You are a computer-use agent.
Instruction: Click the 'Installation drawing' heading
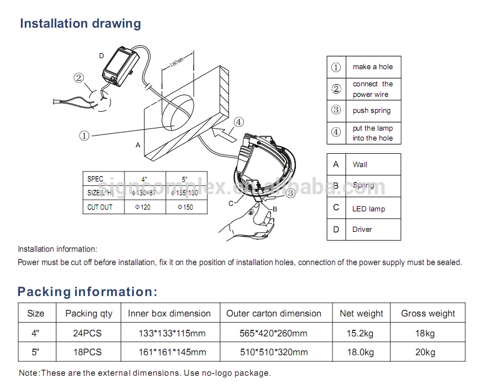pyautogui.click(x=80, y=24)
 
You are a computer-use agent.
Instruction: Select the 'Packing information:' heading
pyautogui.click(x=87, y=292)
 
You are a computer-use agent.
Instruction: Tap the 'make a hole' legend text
pyautogui.click(x=373, y=67)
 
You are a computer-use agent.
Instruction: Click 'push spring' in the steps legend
pyautogui.click(x=372, y=111)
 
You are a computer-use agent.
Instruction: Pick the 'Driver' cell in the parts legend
pyautogui.click(x=362, y=229)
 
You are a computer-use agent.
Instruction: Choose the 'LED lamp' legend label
pyautogui.click(x=368, y=209)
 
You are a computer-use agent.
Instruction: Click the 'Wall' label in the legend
pyautogui.click(x=360, y=164)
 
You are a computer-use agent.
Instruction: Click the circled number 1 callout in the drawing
pyautogui.click(x=84, y=135)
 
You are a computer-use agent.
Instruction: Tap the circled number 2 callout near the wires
pyautogui.click(x=79, y=79)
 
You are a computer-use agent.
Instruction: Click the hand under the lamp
pyautogui.click(x=252, y=220)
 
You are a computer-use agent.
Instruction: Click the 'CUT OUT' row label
pyautogui.click(x=100, y=207)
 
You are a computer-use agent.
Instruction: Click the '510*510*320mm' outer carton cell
pyautogui.click(x=274, y=352)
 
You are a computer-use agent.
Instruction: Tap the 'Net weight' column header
pyautogui.click(x=361, y=313)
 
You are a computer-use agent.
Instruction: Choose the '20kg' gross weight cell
pyautogui.click(x=428, y=352)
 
